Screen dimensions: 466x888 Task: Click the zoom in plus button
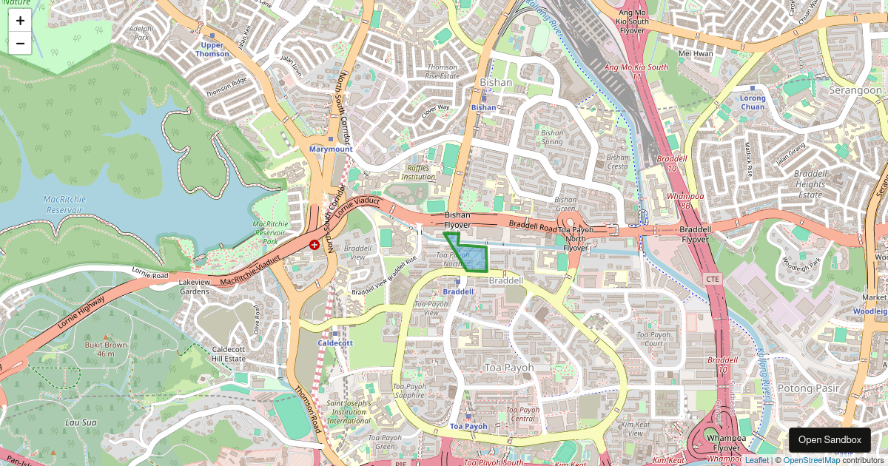(x=20, y=21)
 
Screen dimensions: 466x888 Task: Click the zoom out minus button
(x=20, y=44)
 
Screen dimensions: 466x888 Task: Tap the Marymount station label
(x=331, y=149)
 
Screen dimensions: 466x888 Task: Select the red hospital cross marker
(x=314, y=244)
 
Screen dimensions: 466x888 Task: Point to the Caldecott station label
(x=335, y=343)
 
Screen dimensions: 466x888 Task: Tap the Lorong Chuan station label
(x=753, y=103)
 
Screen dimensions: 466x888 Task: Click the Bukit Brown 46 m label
(x=105, y=349)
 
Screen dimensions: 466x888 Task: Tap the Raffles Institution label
(x=418, y=172)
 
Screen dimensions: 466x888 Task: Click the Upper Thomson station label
(x=212, y=50)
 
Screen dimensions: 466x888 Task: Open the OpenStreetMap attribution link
(x=811, y=460)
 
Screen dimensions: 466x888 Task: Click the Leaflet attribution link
(x=756, y=460)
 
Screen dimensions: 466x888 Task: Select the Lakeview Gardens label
(x=194, y=287)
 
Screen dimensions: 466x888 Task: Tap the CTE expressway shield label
(x=713, y=279)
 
